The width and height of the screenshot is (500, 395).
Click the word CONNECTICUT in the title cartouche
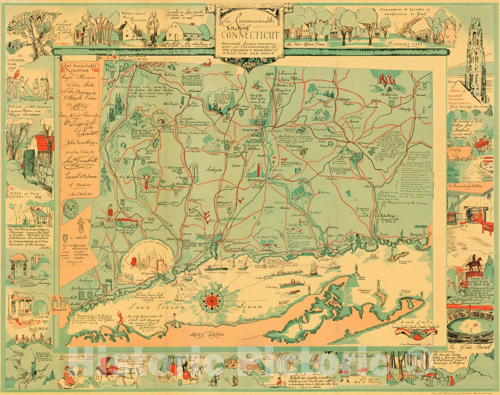[x=250, y=34]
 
